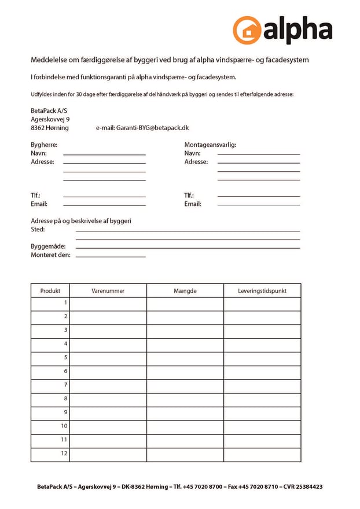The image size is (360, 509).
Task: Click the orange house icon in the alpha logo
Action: click(247, 31)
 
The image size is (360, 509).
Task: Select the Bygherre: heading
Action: click(44, 145)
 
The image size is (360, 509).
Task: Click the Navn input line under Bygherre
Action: click(104, 154)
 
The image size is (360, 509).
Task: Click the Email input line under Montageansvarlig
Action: click(259, 204)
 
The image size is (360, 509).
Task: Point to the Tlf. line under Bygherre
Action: click(104, 196)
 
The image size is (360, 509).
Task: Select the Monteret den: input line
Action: click(111, 256)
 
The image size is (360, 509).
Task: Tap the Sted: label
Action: click(38, 230)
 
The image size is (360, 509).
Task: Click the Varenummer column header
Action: click(108, 291)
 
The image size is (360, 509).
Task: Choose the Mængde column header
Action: click(185, 291)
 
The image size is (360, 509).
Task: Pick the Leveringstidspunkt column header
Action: click(262, 291)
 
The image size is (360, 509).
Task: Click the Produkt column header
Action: click(50, 291)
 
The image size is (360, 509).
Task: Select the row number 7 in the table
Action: click(65, 385)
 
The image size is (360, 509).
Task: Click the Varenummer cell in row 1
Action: click(108, 304)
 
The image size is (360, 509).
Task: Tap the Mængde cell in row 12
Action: click(185, 455)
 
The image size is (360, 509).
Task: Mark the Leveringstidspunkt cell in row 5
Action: click(262, 358)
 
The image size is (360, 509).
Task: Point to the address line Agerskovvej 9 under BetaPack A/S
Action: click(50, 119)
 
